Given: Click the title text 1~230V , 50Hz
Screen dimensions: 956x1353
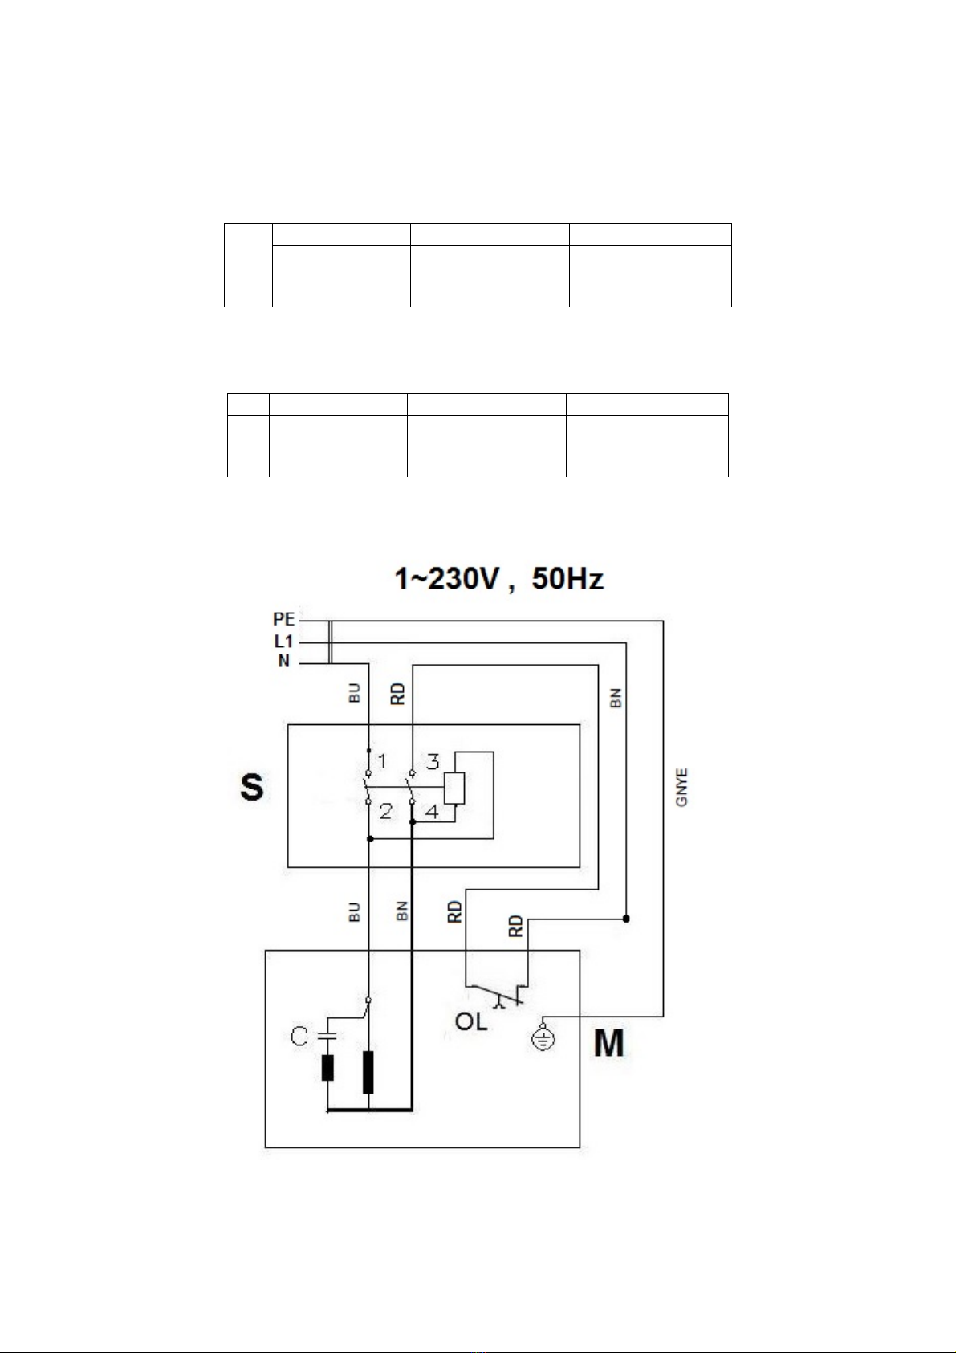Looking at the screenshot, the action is tap(498, 579).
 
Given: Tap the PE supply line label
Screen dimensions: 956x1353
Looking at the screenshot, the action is tap(284, 619).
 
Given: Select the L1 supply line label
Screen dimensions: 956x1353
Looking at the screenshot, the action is tap(284, 641).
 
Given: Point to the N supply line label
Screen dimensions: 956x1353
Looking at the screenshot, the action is tap(284, 662).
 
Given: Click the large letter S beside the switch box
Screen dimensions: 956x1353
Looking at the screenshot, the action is tap(252, 787).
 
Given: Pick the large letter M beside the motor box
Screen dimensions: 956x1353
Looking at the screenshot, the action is tap(608, 1042).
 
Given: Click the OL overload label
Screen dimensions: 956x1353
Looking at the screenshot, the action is tap(471, 1021).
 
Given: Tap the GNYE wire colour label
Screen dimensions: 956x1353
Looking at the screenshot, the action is tap(681, 787).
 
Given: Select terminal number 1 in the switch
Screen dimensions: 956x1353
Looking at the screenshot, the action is tap(382, 761).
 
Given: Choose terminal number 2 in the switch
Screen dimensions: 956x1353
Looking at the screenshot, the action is tap(386, 810).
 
